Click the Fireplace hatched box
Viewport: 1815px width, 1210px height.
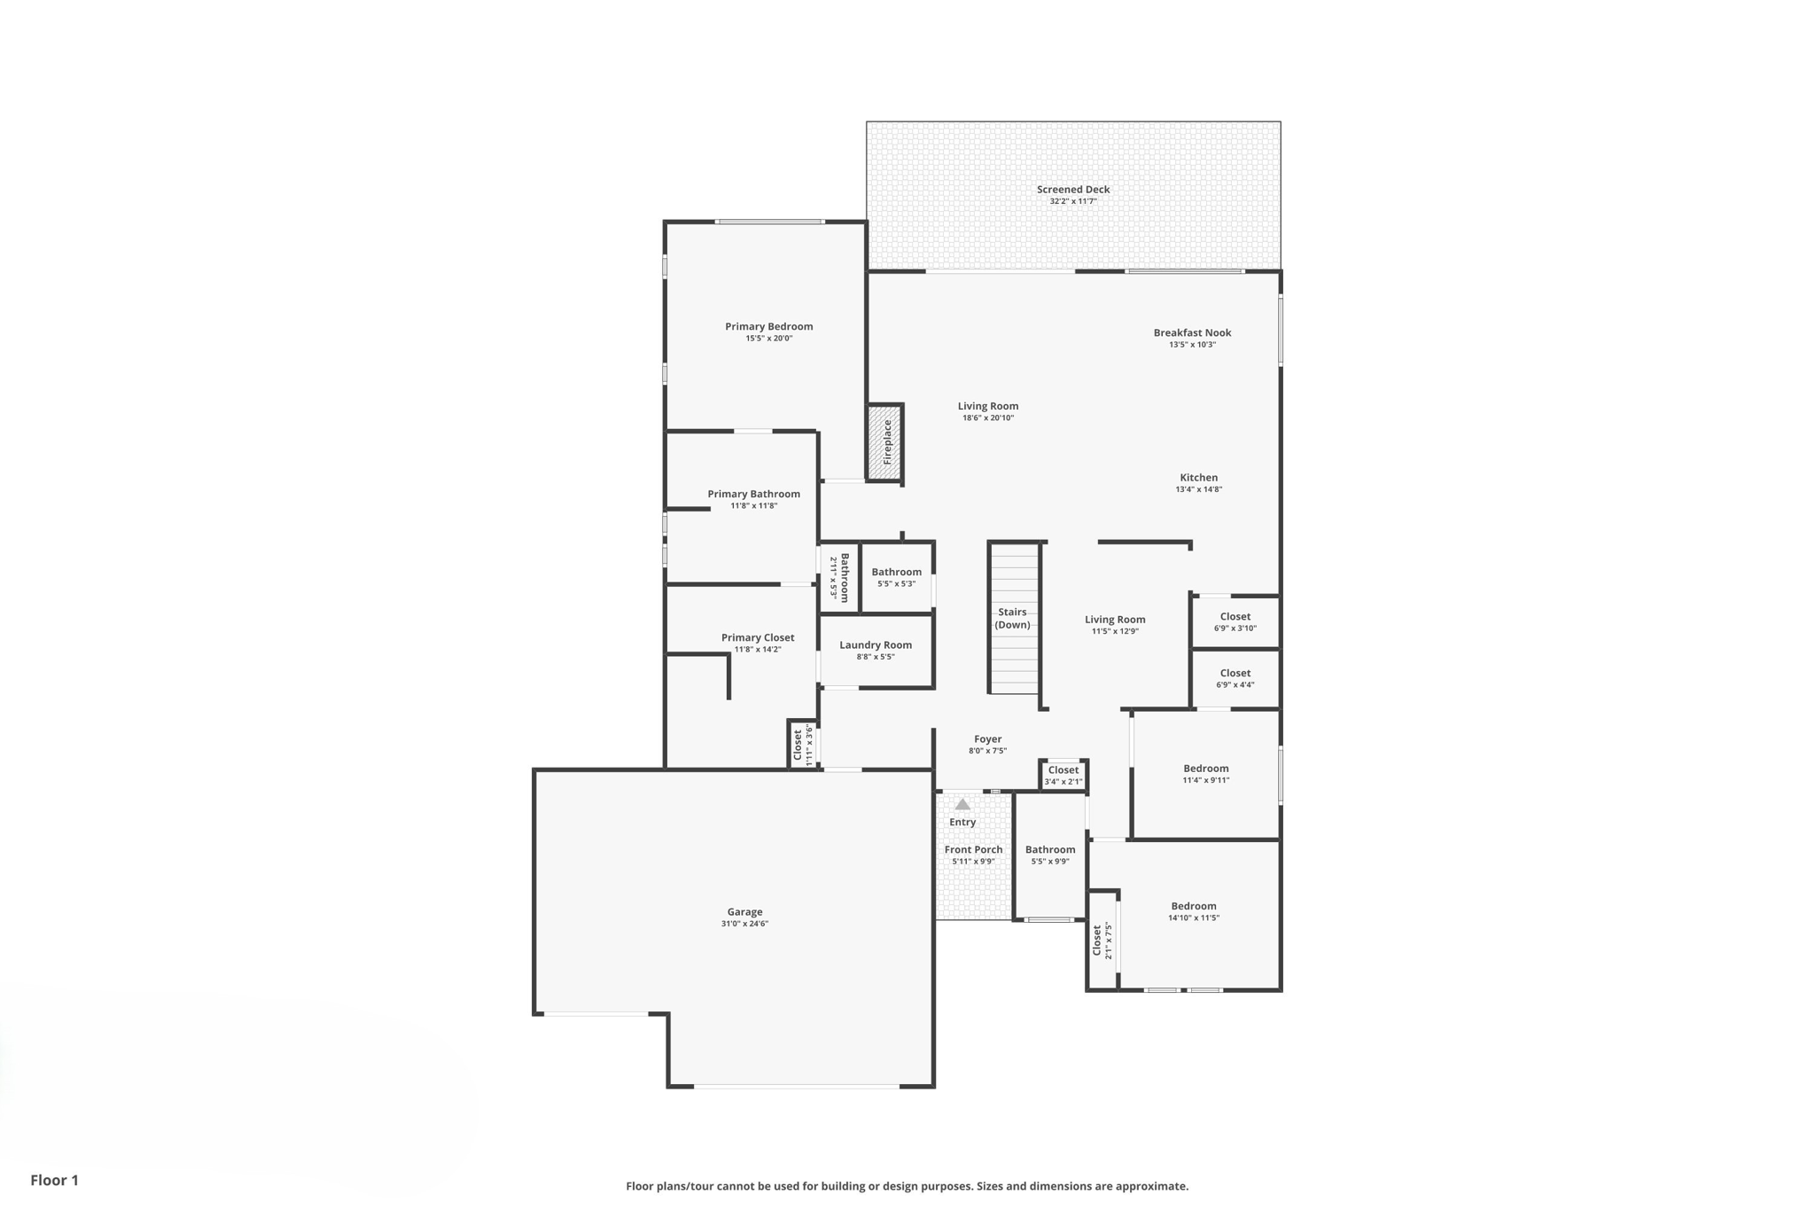[885, 441]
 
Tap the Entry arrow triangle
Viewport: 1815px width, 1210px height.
[962, 804]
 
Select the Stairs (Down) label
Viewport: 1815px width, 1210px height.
[1012, 618]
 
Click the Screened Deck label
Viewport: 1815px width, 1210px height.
[1073, 189]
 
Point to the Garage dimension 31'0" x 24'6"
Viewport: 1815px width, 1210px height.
[744, 924]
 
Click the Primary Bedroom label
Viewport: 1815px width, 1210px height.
[768, 326]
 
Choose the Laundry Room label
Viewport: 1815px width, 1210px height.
[876, 644]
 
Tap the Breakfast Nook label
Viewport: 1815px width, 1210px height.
[1192, 332]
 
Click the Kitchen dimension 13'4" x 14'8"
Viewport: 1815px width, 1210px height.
[1198, 489]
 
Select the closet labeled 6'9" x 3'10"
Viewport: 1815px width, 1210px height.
[1235, 621]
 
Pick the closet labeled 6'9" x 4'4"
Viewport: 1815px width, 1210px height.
[1235, 678]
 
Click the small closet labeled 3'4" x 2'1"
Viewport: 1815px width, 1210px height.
[1063, 775]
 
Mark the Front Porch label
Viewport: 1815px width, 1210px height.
[973, 849]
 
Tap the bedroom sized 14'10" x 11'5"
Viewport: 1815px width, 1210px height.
[1193, 911]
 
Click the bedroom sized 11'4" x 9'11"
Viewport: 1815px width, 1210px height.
[1205, 774]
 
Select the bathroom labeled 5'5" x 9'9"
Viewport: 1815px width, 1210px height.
[1050, 855]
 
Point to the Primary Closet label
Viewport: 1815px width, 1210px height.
[758, 637]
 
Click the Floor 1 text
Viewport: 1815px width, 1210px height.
[54, 1180]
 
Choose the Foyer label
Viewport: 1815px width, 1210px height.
[987, 738]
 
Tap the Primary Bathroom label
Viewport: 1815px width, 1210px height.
[753, 494]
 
